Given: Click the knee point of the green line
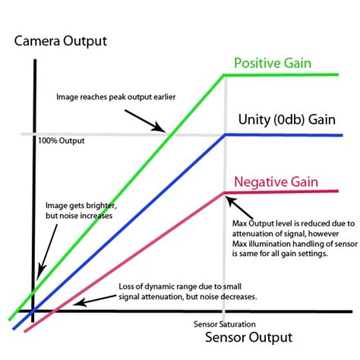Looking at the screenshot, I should [x=224, y=74].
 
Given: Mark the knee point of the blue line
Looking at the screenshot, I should [x=225, y=134].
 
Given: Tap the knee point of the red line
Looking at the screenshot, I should [x=225, y=193].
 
